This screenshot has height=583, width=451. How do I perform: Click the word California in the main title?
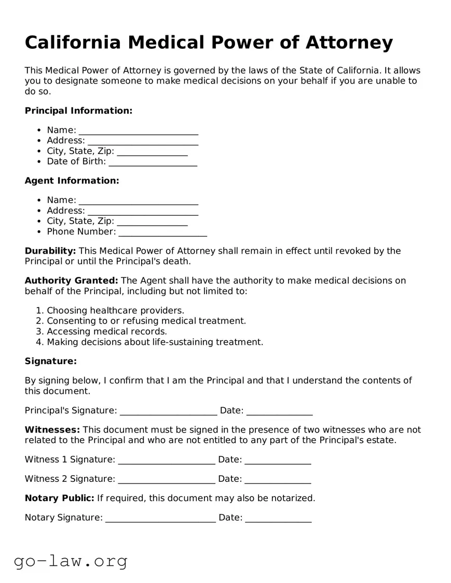pos(72,43)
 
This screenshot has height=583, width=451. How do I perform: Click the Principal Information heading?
pos(78,110)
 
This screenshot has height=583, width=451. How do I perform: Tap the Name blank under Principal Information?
pos(138,131)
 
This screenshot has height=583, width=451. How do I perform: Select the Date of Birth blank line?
pos(153,162)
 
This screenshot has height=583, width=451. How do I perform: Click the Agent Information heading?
pos(72,181)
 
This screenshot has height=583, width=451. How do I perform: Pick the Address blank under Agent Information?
pos(143,211)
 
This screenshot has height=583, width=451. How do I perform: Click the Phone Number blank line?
pos(162,232)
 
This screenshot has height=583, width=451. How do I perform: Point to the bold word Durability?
pos(50,251)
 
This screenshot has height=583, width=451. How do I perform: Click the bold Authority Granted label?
pos(71,281)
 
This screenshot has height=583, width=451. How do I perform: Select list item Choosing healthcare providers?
pos(115,311)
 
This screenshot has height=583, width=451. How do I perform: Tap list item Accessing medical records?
pos(107,331)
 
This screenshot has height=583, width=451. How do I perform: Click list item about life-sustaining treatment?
pos(155,342)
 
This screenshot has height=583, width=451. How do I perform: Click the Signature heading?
pos(50,361)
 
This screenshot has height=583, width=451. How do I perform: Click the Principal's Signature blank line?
pos(168,411)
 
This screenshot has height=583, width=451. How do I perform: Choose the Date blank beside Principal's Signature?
pos(279,411)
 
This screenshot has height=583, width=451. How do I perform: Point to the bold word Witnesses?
pos(52,430)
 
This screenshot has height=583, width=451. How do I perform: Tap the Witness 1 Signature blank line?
pos(166,460)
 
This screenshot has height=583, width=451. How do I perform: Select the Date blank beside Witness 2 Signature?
pos(278,479)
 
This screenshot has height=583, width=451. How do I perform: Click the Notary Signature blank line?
pos(160,518)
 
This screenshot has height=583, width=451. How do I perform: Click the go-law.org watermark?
pos(71,561)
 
